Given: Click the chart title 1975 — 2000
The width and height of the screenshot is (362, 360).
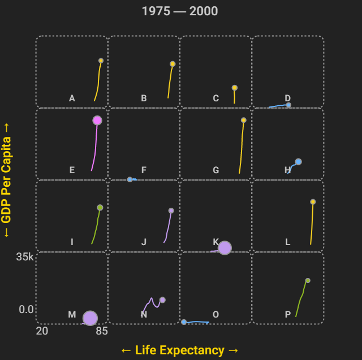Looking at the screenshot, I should coord(180,11).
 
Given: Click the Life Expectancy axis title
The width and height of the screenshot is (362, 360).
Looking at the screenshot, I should coord(180,350).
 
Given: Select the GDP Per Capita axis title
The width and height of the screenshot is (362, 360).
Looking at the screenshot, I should coord(7,180).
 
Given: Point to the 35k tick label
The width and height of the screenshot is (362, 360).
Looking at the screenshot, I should coord(25,257).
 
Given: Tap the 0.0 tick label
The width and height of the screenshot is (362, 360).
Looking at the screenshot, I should coord(26,310).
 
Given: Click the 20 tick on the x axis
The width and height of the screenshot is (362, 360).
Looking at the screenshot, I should coord(42,331).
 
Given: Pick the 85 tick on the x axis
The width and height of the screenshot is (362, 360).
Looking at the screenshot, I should coord(102,331).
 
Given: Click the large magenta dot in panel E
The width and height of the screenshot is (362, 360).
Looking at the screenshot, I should coord(97,120).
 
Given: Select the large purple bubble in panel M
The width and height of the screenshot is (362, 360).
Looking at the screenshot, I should coord(90,318).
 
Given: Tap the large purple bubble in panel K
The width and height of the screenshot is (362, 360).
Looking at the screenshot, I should coord(225,248).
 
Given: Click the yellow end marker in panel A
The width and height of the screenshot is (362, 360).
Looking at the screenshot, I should coord(101,61).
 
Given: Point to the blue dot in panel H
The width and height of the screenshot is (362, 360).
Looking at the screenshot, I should coord(298,161).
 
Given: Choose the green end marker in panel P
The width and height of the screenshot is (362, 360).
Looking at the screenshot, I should coord(308,280).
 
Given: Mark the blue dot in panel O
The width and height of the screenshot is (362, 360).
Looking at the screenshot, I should coord(184,322).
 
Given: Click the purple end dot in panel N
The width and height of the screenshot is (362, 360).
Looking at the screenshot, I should coord(162,300).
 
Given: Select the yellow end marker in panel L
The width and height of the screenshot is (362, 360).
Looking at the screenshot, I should coord(313,202).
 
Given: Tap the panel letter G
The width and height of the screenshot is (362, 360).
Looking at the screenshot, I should coord(216,170).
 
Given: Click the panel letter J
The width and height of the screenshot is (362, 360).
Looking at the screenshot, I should coord(144,242).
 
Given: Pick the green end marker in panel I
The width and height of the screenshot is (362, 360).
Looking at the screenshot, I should coord(100,208).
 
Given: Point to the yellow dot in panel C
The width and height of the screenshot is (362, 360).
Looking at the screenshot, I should coord(234,88).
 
